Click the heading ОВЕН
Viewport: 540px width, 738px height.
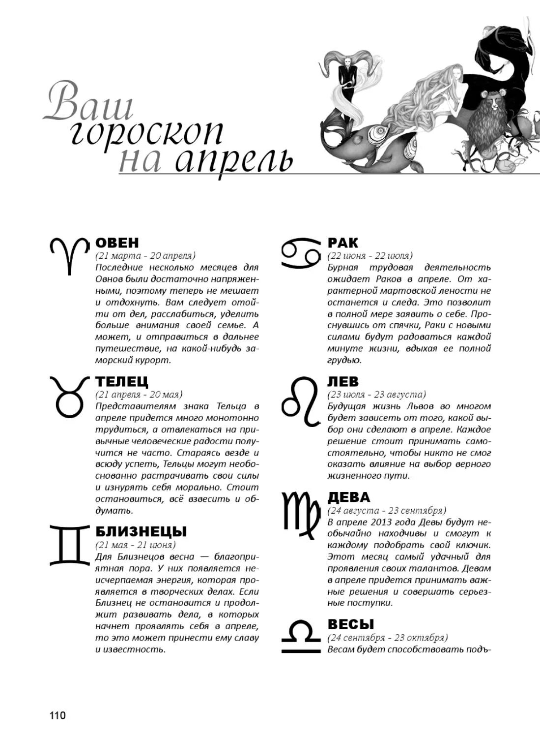pos(117,243)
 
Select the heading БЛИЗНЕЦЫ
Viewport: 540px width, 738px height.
pos(141,532)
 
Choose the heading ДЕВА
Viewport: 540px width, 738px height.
pos(349,497)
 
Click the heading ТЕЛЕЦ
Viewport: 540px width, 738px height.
pos(121,382)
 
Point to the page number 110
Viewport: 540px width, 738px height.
pos(57,715)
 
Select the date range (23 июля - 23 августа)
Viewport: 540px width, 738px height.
pos(376,395)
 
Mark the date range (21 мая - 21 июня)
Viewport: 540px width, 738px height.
pos(135,545)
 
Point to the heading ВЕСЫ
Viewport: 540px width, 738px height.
pos(351,624)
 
